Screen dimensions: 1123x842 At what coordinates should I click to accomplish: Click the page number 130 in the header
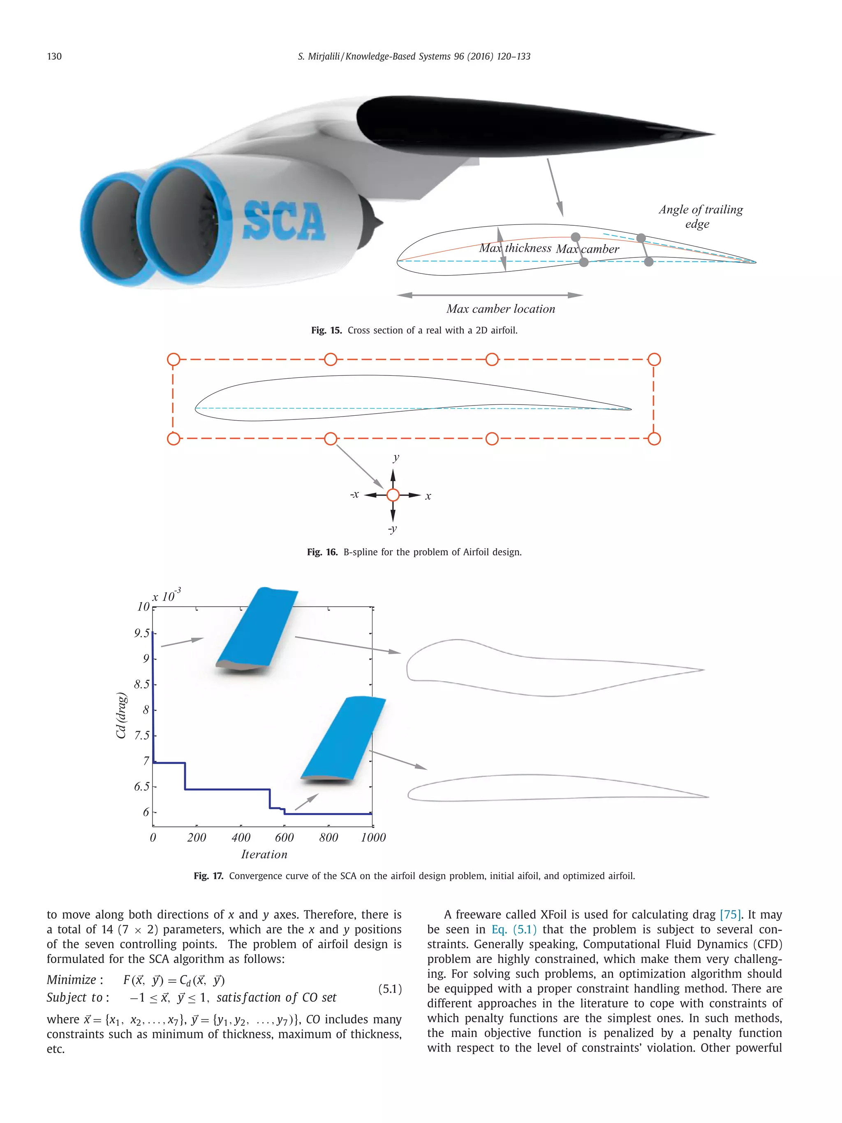(54, 56)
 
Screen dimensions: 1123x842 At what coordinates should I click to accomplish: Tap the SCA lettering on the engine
(283, 221)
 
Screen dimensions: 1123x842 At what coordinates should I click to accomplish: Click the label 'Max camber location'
(500, 309)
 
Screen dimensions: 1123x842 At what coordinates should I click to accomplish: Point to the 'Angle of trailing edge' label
(701, 216)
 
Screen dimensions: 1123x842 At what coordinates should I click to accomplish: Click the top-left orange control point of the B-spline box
(173, 359)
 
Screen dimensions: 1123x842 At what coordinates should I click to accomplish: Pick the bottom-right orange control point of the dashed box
(654, 439)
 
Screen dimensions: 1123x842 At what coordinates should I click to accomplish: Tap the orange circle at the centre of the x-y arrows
(393, 495)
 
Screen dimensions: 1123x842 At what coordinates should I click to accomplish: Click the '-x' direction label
(355, 494)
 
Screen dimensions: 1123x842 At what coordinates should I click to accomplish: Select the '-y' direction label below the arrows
(392, 528)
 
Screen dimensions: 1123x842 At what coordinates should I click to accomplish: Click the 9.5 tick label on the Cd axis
(141, 633)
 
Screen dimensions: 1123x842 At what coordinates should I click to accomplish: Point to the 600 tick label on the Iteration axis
(284, 838)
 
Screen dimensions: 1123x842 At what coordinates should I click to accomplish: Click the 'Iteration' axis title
(264, 855)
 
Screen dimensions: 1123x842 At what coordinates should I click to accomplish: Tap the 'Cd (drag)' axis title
(121, 715)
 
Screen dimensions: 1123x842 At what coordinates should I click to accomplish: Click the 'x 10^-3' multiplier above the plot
(167, 595)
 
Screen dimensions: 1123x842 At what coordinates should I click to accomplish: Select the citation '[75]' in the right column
(730, 915)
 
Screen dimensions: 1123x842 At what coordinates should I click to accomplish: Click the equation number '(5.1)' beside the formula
(390, 989)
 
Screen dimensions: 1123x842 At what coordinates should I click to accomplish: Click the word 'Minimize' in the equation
(72, 980)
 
